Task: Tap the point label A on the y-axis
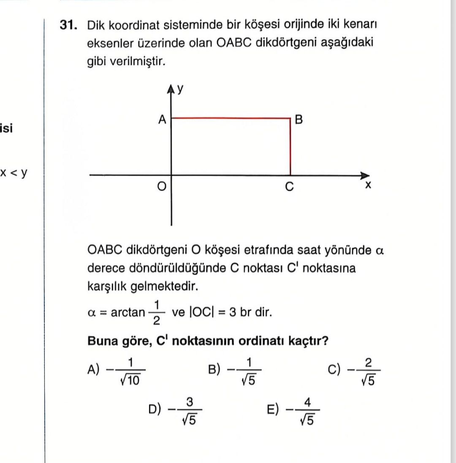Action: coord(162,120)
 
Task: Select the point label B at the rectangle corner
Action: coord(299,120)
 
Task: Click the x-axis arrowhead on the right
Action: coord(365,175)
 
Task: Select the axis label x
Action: coord(368,186)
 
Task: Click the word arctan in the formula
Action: coord(128,313)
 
